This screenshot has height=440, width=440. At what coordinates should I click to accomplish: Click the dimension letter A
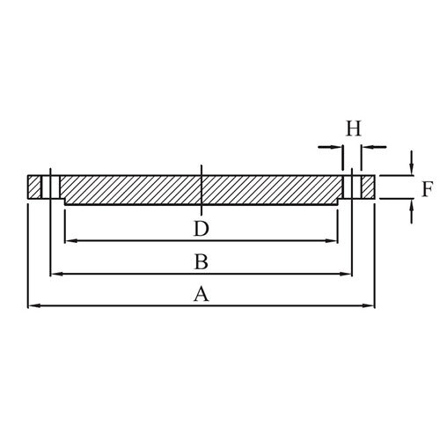click(x=202, y=294)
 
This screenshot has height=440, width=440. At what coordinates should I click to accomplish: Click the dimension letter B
click(x=202, y=261)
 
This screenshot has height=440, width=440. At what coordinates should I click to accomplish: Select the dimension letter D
click(x=202, y=229)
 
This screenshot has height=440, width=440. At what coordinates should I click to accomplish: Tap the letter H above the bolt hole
click(x=354, y=128)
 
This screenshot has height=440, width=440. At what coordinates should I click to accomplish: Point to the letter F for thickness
click(x=427, y=189)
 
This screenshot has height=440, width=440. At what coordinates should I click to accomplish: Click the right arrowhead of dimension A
click(x=369, y=305)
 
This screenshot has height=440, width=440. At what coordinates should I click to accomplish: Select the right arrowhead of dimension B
click(x=346, y=274)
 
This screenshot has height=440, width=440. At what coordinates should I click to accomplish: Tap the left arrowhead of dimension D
click(x=70, y=241)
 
